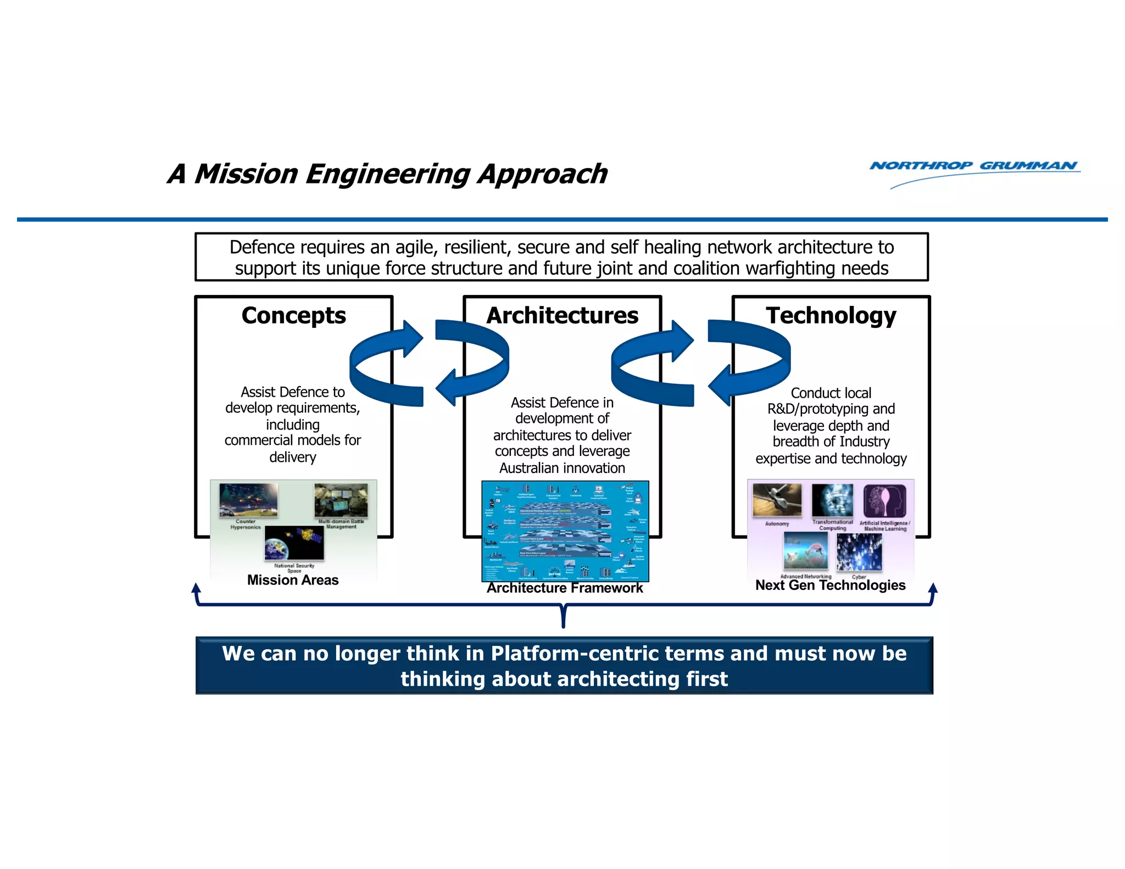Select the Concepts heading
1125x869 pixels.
click(x=293, y=316)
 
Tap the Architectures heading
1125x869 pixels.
click(x=562, y=316)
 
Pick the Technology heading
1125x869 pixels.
click(x=831, y=316)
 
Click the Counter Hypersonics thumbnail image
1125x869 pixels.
click(x=248, y=500)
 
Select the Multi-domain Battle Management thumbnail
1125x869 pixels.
click(x=341, y=500)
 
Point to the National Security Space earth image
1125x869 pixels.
click(x=294, y=543)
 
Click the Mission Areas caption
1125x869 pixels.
click(x=293, y=580)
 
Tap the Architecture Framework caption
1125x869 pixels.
click(x=565, y=588)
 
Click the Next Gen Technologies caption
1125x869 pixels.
click(x=830, y=586)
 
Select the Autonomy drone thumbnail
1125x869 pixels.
click(x=777, y=500)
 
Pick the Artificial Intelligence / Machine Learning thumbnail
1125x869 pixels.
click(x=884, y=500)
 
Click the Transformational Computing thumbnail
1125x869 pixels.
click(x=832, y=500)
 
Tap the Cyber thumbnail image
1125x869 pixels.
click(x=859, y=552)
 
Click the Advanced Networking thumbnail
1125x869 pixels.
click(x=805, y=551)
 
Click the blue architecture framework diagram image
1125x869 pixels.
click(x=565, y=531)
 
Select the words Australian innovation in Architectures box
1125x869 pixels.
click(x=562, y=468)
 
